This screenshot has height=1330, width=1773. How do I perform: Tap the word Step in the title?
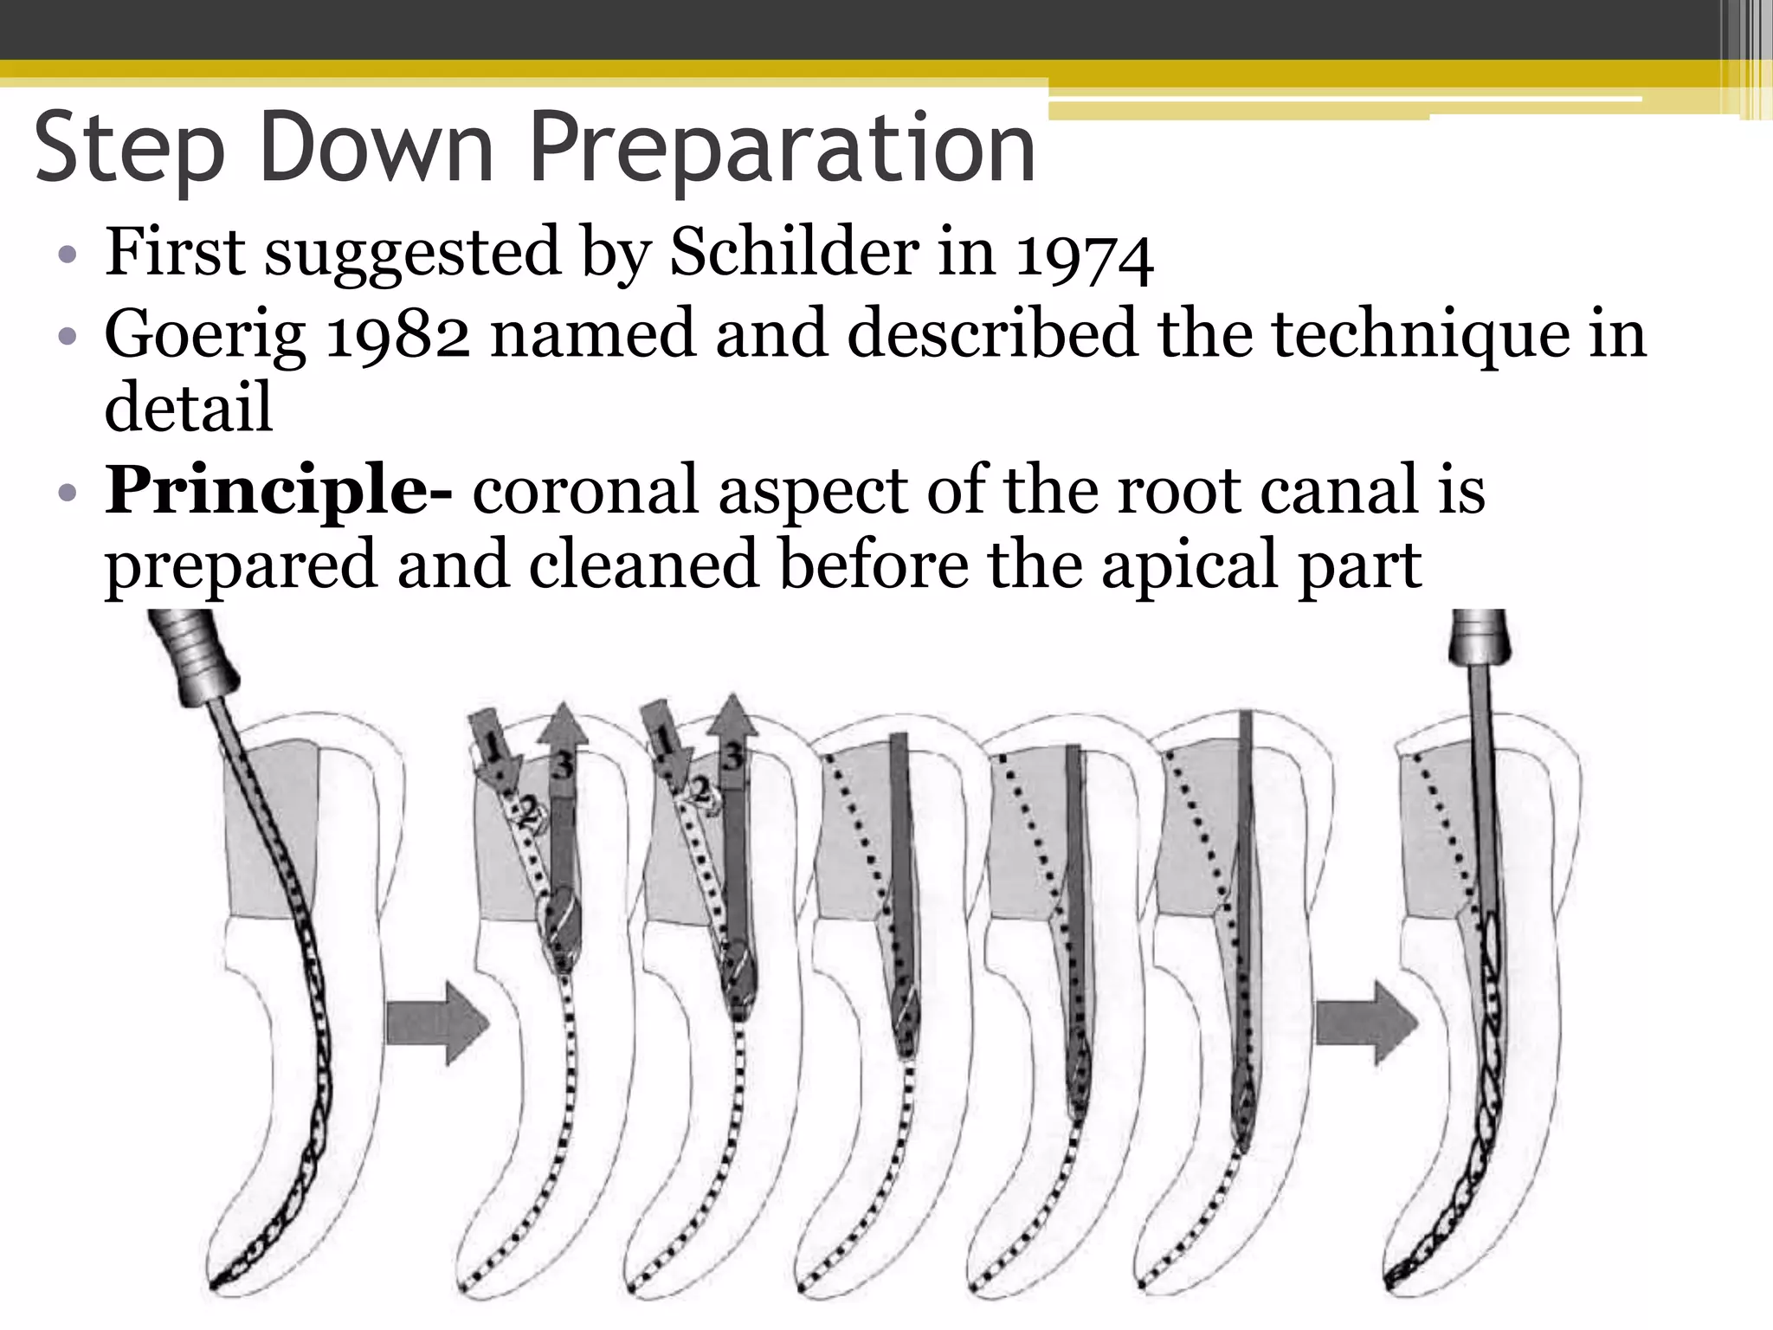(130, 149)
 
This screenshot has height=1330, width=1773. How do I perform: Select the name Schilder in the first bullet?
(795, 252)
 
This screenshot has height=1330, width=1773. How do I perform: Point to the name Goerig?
(205, 336)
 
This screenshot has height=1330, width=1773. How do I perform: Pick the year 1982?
(397, 335)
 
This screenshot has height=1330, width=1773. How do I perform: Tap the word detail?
(189, 407)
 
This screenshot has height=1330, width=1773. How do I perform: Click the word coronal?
(585, 491)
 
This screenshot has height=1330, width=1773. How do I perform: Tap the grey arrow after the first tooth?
(437, 1023)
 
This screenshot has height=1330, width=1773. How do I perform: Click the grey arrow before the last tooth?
(1366, 1023)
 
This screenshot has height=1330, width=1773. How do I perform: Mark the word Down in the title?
(377, 149)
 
